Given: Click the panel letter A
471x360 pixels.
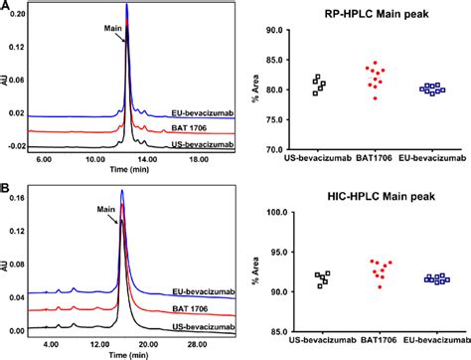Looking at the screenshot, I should point(6,6).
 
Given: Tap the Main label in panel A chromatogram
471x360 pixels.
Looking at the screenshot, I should point(111,29).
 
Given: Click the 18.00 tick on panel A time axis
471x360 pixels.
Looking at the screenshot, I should point(200,158).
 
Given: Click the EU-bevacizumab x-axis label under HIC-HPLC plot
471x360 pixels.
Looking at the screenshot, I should point(430,343).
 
